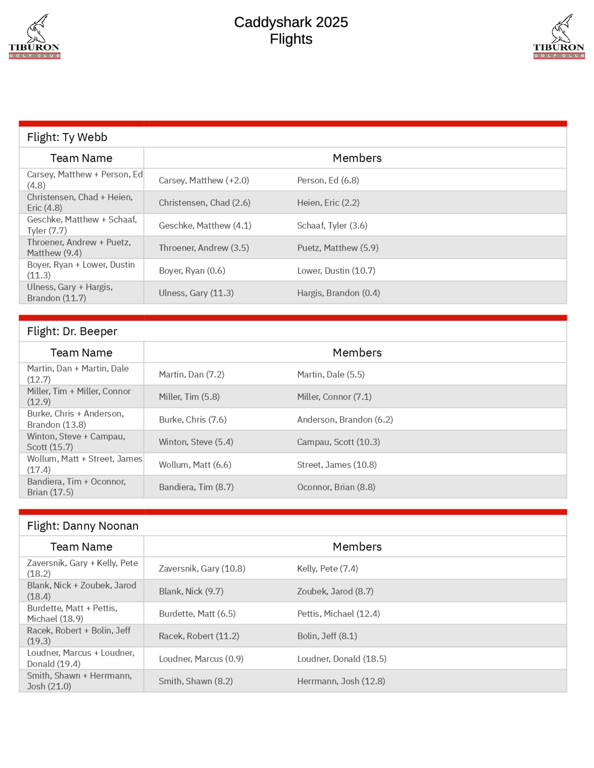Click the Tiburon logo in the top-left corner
[x=34, y=37]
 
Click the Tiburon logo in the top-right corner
[x=559, y=37]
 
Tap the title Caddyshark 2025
[x=291, y=22]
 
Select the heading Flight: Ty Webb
[x=67, y=137]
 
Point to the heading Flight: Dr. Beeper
[x=72, y=331]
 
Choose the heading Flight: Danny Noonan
[x=83, y=526]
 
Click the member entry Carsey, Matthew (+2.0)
[x=204, y=180]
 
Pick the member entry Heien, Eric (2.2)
[x=328, y=203]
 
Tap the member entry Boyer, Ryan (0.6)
[x=192, y=271]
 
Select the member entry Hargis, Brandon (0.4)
[x=338, y=293]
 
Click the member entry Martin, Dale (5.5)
[x=331, y=375]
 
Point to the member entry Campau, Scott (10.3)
[x=338, y=442]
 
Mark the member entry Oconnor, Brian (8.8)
[x=336, y=487]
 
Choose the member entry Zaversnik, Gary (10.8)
[x=202, y=569]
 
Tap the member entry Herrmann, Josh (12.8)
[x=341, y=681]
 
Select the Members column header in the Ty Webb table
[x=357, y=158]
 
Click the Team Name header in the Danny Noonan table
[x=81, y=547]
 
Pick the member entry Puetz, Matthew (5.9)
[x=337, y=248]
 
